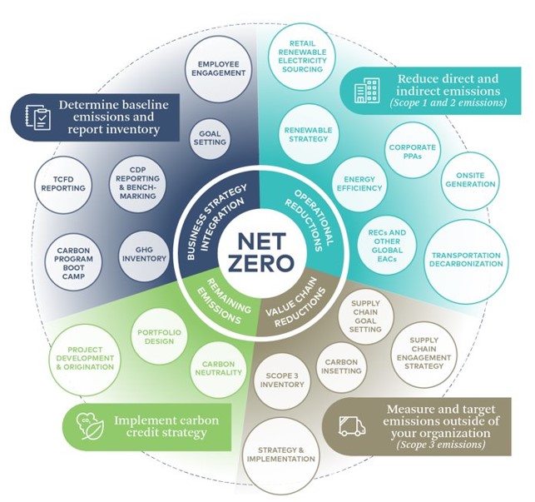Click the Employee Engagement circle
(218, 68)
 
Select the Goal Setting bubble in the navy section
(210, 138)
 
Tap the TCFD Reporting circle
(63, 184)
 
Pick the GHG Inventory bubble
(144, 254)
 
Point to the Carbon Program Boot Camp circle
(73, 263)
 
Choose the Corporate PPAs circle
(412, 152)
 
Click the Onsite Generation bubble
(470, 180)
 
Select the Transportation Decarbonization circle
(466, 260)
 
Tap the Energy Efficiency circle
(359, 184)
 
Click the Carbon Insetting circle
(341, 367)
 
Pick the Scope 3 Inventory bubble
(283, 380)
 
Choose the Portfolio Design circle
(160, 336)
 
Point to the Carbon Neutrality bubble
(219, 369)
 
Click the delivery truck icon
(352, 426)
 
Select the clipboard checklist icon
(38, 117)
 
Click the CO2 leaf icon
(90, 426)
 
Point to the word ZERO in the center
(261, 264)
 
